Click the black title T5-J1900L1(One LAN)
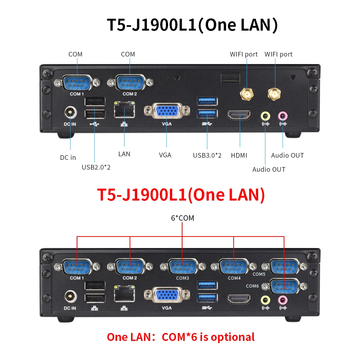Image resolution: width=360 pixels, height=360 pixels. coord(192,26)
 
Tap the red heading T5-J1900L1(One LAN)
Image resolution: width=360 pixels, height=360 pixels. coord(181,195)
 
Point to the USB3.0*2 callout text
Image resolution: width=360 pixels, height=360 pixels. coord(207,156)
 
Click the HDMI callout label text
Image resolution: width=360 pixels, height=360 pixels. coord(239,156)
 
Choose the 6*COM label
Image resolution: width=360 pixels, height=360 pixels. coord(183,218)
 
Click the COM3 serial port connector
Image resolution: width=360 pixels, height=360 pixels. coord(183,267)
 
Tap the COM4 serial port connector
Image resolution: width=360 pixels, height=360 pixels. coord(234,267)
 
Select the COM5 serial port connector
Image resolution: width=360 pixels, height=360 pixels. coord(284,267)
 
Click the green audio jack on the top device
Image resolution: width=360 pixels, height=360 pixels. coord(265,116)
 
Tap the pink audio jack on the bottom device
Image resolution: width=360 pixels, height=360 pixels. coord(283,300)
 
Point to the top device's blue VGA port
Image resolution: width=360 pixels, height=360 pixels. coord(167,111)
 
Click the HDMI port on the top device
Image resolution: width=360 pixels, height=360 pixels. coord(239,115)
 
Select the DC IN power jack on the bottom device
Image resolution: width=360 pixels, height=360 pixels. coord(70,297)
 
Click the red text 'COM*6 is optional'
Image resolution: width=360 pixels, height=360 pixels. coord(208,337)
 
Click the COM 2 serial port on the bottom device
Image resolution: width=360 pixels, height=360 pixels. coord(130,267)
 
